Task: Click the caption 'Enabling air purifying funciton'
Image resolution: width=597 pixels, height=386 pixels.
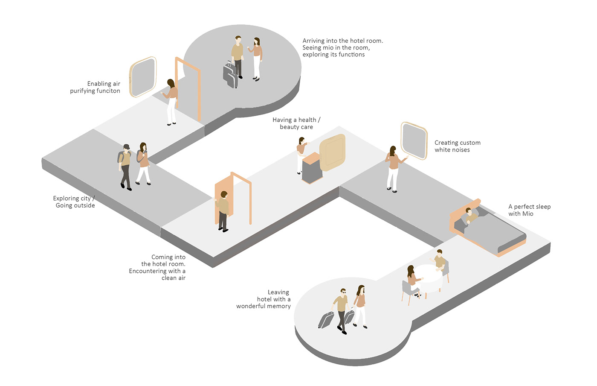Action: [95, 87]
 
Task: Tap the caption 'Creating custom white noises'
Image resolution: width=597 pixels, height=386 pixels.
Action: [457, 146]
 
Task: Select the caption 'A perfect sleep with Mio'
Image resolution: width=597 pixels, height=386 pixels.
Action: [529, 210]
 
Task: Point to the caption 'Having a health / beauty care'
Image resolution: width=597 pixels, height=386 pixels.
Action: [296, 123]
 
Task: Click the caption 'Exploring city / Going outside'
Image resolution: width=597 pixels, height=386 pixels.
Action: [74, 202]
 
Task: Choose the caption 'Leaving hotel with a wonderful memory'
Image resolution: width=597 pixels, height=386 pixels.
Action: [264, 299]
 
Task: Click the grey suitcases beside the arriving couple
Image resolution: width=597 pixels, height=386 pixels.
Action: [231, 75]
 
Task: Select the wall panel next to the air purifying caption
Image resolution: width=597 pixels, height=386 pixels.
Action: [143, 77]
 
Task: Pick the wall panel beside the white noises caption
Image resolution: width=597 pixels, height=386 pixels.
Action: [414, 140]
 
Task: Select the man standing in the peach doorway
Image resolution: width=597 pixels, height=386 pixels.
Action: [223, 211]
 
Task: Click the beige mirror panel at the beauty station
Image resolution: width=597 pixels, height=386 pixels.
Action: [332, 152]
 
